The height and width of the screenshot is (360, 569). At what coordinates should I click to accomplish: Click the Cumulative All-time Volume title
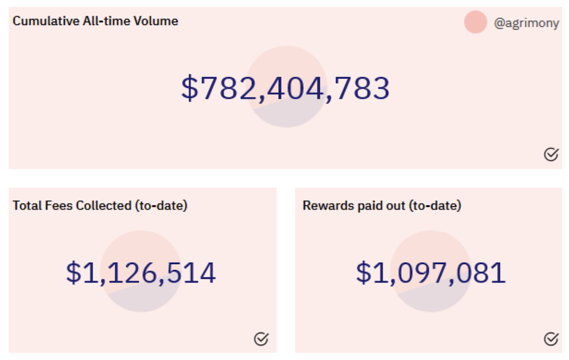tap(96, 21)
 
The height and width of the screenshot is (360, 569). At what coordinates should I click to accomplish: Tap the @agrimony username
tap(526, 23)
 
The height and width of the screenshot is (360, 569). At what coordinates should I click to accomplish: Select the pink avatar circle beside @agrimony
tap(475, 22)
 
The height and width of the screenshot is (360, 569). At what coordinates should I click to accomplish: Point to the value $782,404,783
tap(285, 88)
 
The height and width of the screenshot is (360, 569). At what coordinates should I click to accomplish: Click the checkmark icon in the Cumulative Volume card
tap(551, 155)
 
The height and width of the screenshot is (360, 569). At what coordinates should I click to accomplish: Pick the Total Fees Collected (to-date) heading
tap(100, 205)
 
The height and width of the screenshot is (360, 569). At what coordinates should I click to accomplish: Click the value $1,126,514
tap(141, 272)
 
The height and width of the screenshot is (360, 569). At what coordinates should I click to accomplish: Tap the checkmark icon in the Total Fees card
tap(261, 338)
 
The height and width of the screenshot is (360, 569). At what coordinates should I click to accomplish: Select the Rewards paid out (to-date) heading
tap(382, 205)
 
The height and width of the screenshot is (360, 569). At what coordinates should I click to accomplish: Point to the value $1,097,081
tap(431, 272)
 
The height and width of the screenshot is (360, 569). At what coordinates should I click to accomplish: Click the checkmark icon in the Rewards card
tap(551, 338)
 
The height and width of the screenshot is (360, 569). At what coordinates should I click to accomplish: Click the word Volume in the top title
tap(156, 21)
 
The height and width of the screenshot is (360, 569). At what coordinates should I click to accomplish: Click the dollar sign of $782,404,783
tap(190, 88)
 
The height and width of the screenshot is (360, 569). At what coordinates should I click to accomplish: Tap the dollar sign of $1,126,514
tap(73, 272)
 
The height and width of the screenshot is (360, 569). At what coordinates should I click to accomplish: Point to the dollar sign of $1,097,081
tap(364, 272)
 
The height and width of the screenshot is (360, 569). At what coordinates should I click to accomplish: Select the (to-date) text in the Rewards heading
tap(435, 206)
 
